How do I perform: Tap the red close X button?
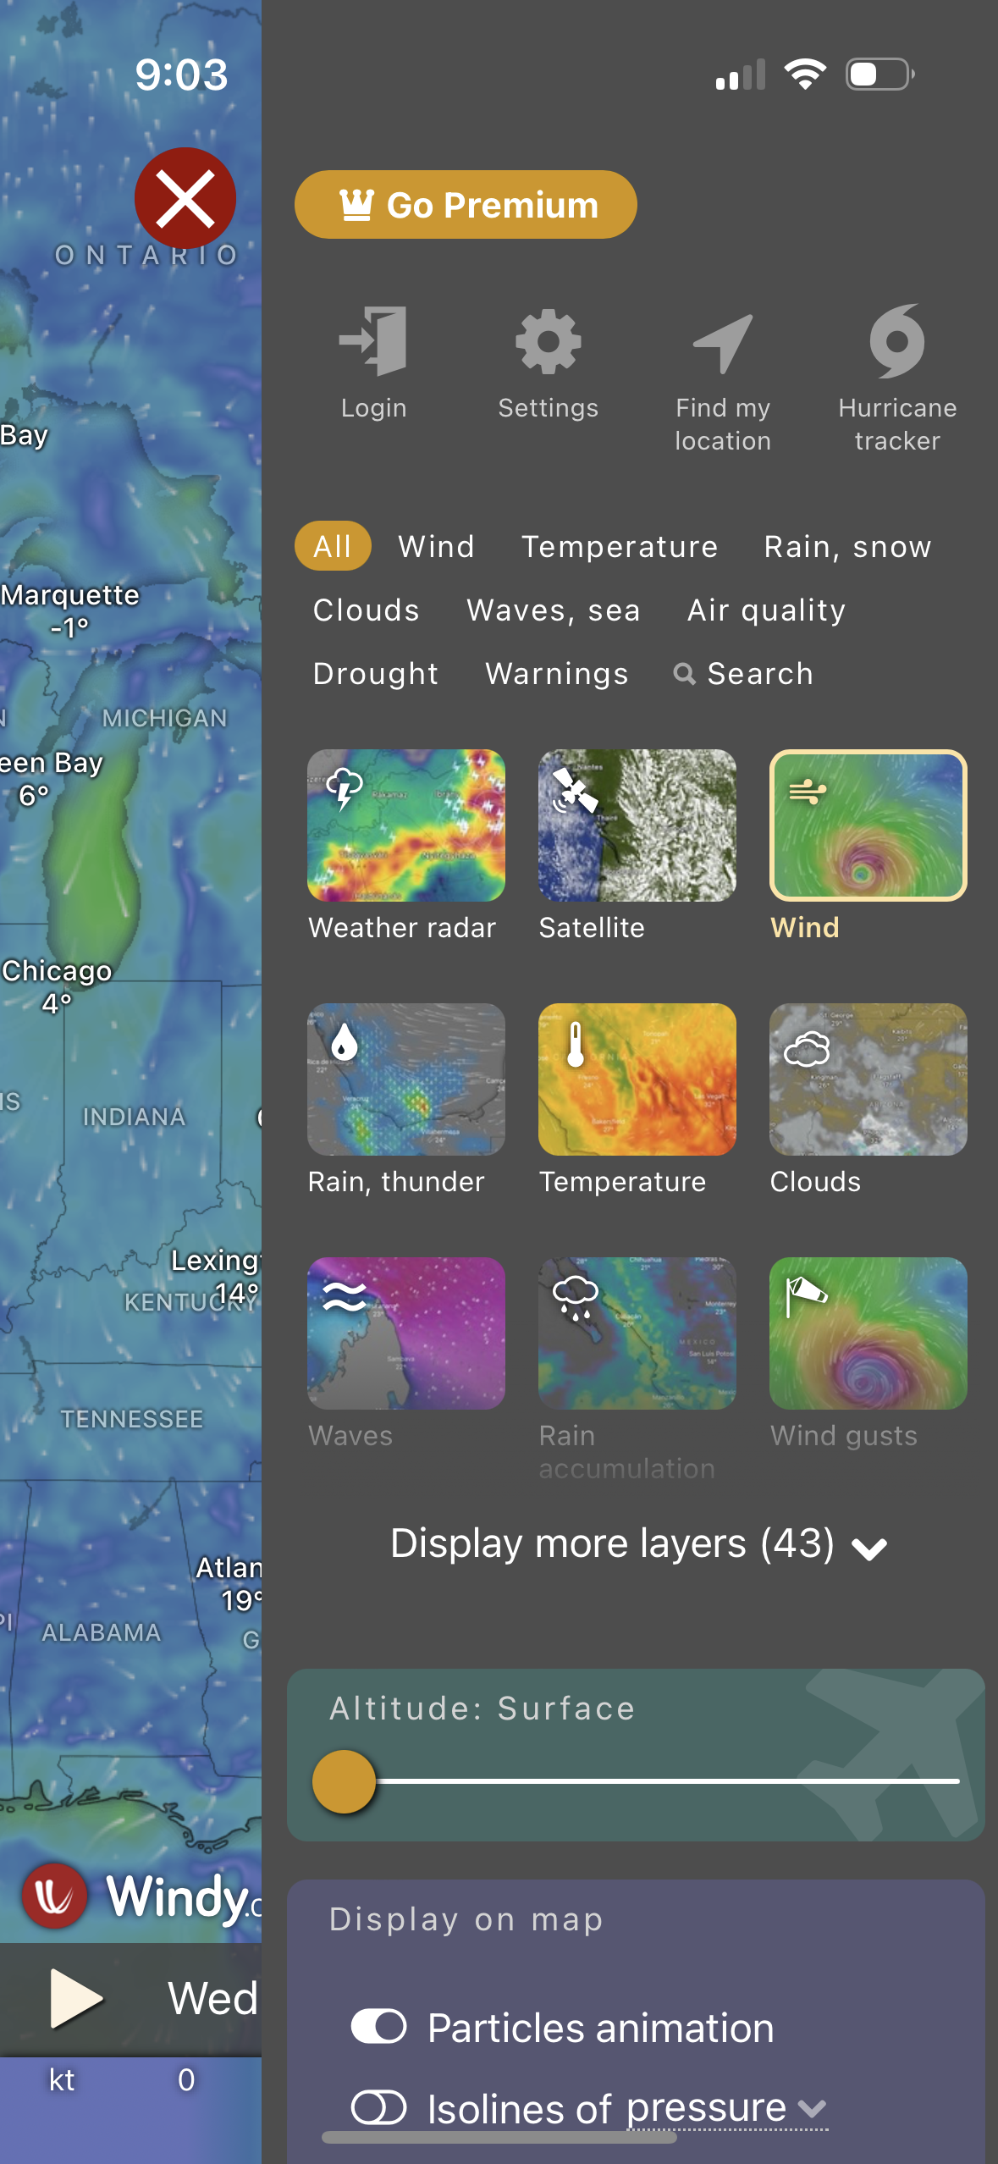click(185, 199)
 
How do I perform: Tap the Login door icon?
click(374, 341)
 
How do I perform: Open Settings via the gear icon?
click(549, 341)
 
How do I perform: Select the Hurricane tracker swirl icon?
click(897, 341)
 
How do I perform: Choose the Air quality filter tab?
click(766, 610)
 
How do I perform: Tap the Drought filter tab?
click(376, 674)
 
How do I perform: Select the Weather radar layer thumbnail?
click(406, 825)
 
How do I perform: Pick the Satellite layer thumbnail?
click(637, 825)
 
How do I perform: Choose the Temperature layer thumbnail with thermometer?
click(637, 1079)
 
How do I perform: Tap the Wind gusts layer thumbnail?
click(868, 1333)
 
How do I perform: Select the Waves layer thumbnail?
click(406, 1333)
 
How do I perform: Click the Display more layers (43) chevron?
click(869, 1548)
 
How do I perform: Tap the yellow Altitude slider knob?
click(344, 1781)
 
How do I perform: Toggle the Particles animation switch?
click(378, 2027)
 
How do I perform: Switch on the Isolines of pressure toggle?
click(378, 2108)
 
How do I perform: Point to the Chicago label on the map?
click(58, 971)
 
